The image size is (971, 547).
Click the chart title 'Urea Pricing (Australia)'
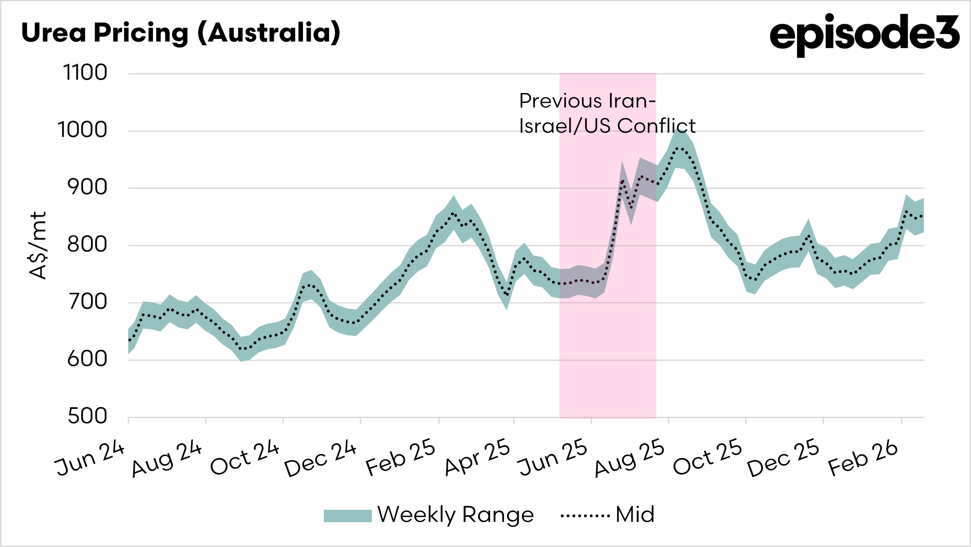tap(181, 33)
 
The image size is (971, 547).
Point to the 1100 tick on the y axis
tap(85, 73)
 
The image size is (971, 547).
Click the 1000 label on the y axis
tap(83, 130)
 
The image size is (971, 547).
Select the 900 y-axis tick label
tap(87, 187)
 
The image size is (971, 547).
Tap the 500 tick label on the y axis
tap(87, 416)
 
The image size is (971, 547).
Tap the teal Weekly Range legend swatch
tap(347, 516)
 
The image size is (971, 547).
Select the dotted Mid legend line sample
tap(585, 516)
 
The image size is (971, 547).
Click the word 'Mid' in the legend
tap(635, 515)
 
